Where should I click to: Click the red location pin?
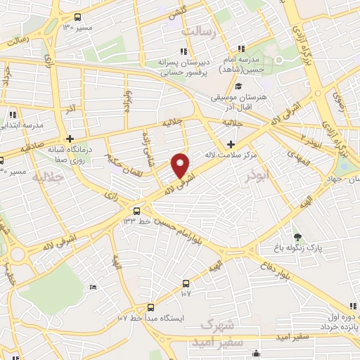181,165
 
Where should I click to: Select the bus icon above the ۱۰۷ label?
186,283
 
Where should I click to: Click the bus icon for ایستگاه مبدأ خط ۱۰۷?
151,307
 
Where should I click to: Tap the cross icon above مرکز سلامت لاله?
231,143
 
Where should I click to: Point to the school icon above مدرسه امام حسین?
241,49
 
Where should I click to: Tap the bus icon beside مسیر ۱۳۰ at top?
77,17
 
